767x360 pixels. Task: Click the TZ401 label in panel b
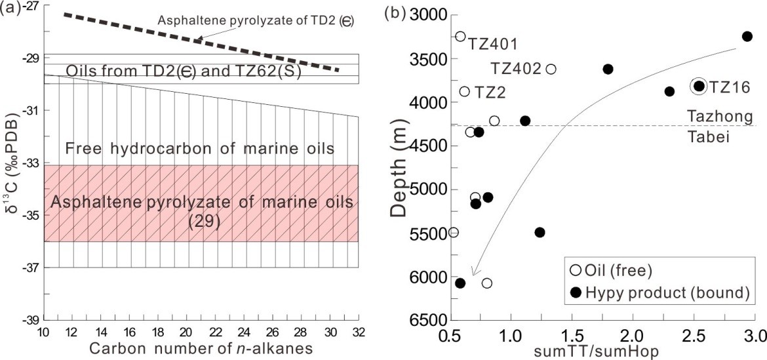[x=492, y=44]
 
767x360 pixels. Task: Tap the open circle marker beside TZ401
[x=460, y=37]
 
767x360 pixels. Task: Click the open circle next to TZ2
[x=465, y=91]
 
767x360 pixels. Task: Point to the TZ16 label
[x=728, y=87]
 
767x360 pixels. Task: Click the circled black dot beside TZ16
[x=699, y=86]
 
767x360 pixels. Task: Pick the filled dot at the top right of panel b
[x=747, y=36]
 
